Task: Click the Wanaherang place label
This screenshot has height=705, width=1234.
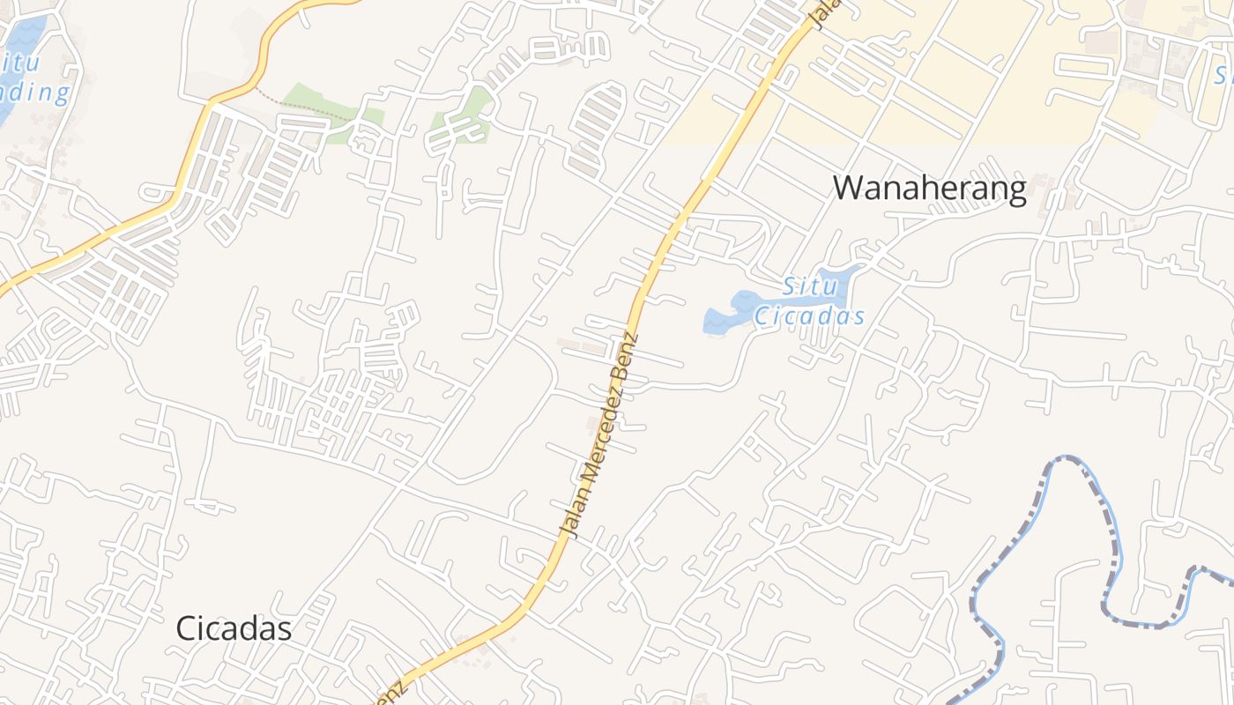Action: pyautogui.click(x=930, y=189)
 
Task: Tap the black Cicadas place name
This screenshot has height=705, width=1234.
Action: pyautogui.click(x=234, y=628)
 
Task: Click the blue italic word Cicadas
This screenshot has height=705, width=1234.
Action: pyautogui.click(x=809, y=315)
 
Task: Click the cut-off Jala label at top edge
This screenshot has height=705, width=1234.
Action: pyautogui.click(x=824, y=13)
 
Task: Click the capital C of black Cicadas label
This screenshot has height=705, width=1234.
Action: pyautogui.click(x=185, y=628)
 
